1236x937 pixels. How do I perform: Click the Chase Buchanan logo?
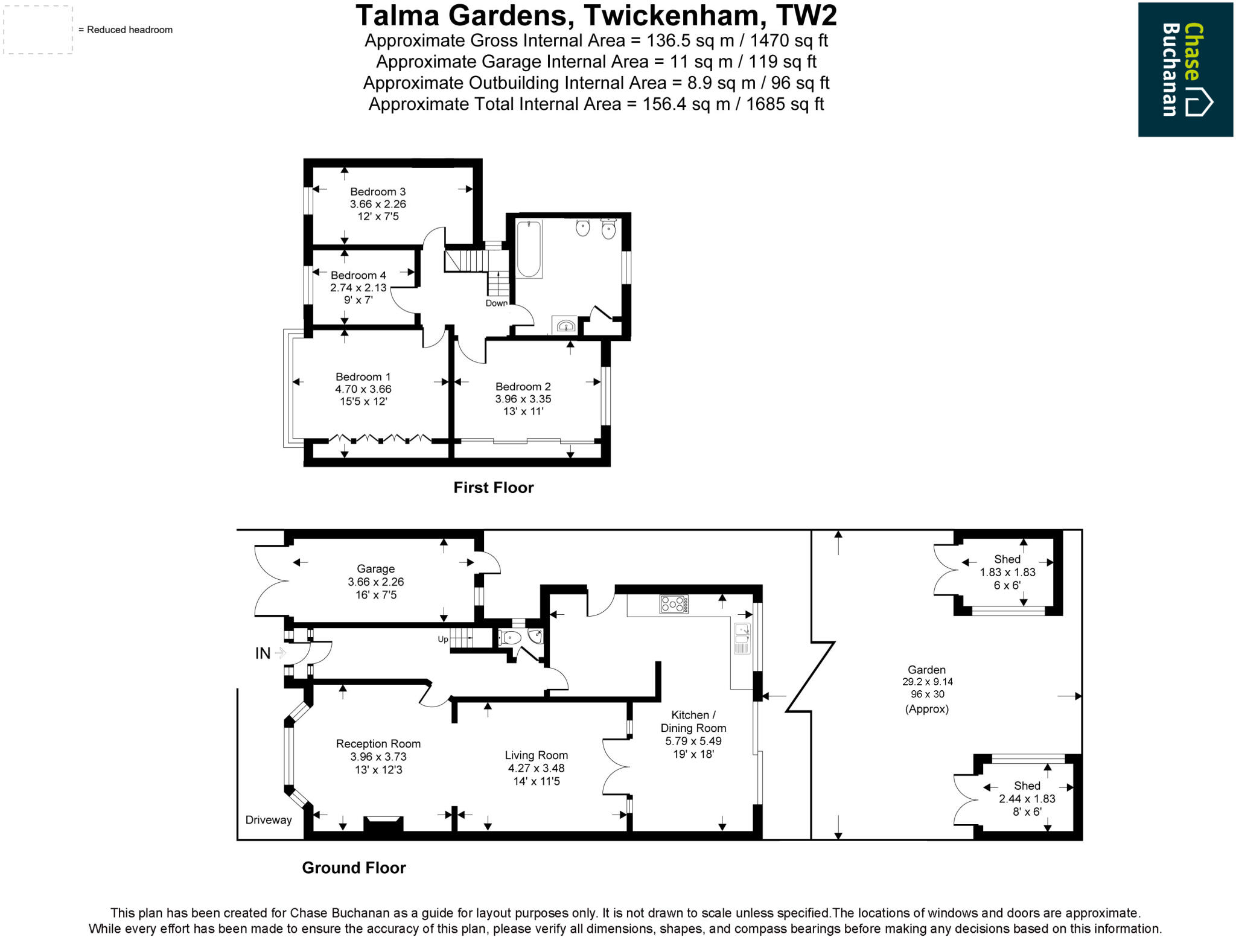coord(1185,69)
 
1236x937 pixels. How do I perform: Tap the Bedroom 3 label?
coord(378,192)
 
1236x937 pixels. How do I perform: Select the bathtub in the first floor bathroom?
coord(529,249)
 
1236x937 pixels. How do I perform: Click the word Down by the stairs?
coord(497,303)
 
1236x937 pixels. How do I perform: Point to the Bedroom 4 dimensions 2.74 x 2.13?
coord(358,288)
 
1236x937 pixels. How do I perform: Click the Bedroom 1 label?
coord(363,376)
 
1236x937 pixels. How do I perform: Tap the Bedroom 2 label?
coord(523,387)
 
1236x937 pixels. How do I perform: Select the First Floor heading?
coord(493,488)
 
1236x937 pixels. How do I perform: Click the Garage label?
coord(375,569)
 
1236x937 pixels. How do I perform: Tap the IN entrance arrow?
coord(280,653)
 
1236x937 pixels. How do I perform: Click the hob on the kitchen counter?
coord(674,604)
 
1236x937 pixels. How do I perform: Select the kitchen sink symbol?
coord(742,639)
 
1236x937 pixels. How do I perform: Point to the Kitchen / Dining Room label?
coord(693,722)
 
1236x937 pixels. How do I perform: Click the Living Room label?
coord(536,755)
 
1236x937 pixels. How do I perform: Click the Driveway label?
coord(268,820)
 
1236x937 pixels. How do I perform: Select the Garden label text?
coord(926,670)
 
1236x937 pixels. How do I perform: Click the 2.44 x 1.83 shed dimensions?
coord(1027,799)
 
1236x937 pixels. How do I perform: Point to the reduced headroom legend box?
coord(38,30)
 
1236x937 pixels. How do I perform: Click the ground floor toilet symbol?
coord(511,637)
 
